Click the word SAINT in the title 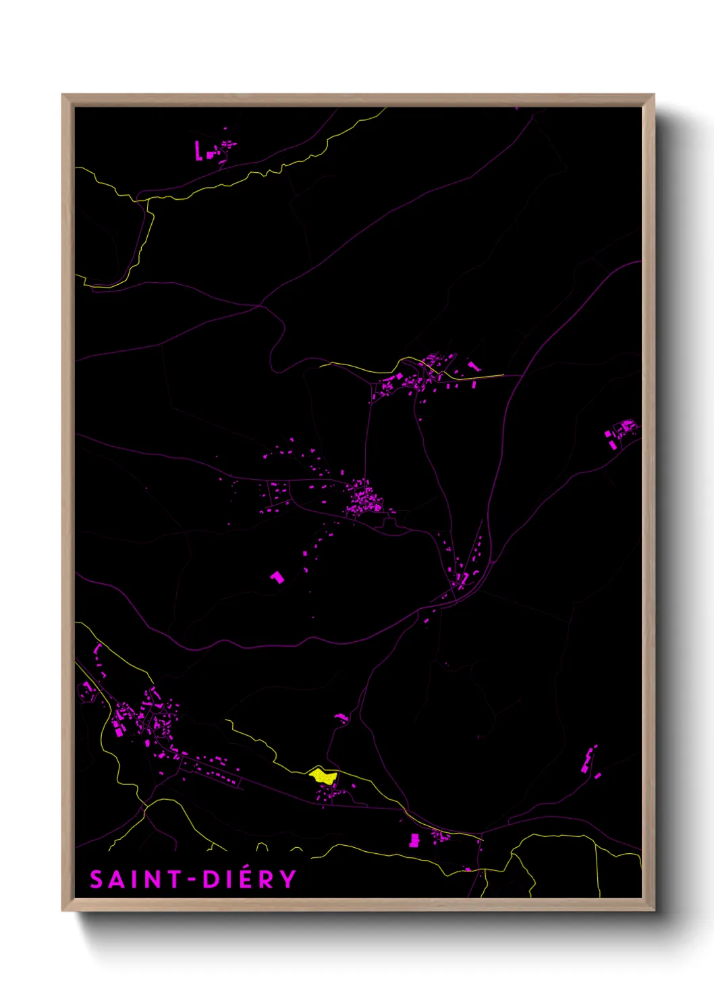pos(136,880)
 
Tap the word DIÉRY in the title pos(249,879)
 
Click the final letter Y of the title pos(288,880)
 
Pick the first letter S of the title pos(97,880)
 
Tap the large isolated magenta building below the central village pos(277,577)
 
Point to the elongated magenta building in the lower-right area pos(587,761)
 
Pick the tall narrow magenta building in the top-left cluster pos(198,150)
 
